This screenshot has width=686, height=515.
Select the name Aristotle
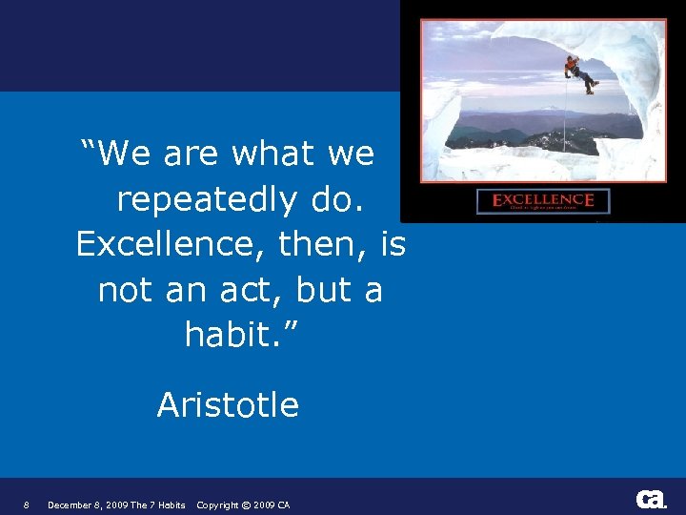(x=228, y=405)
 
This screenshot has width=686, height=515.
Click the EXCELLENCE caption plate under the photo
(x=543, y=201)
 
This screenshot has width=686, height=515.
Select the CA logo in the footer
(x=651, y=499)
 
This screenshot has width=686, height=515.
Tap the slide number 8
(x=27, y=505)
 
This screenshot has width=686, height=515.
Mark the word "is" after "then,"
(x=391, y=244)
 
